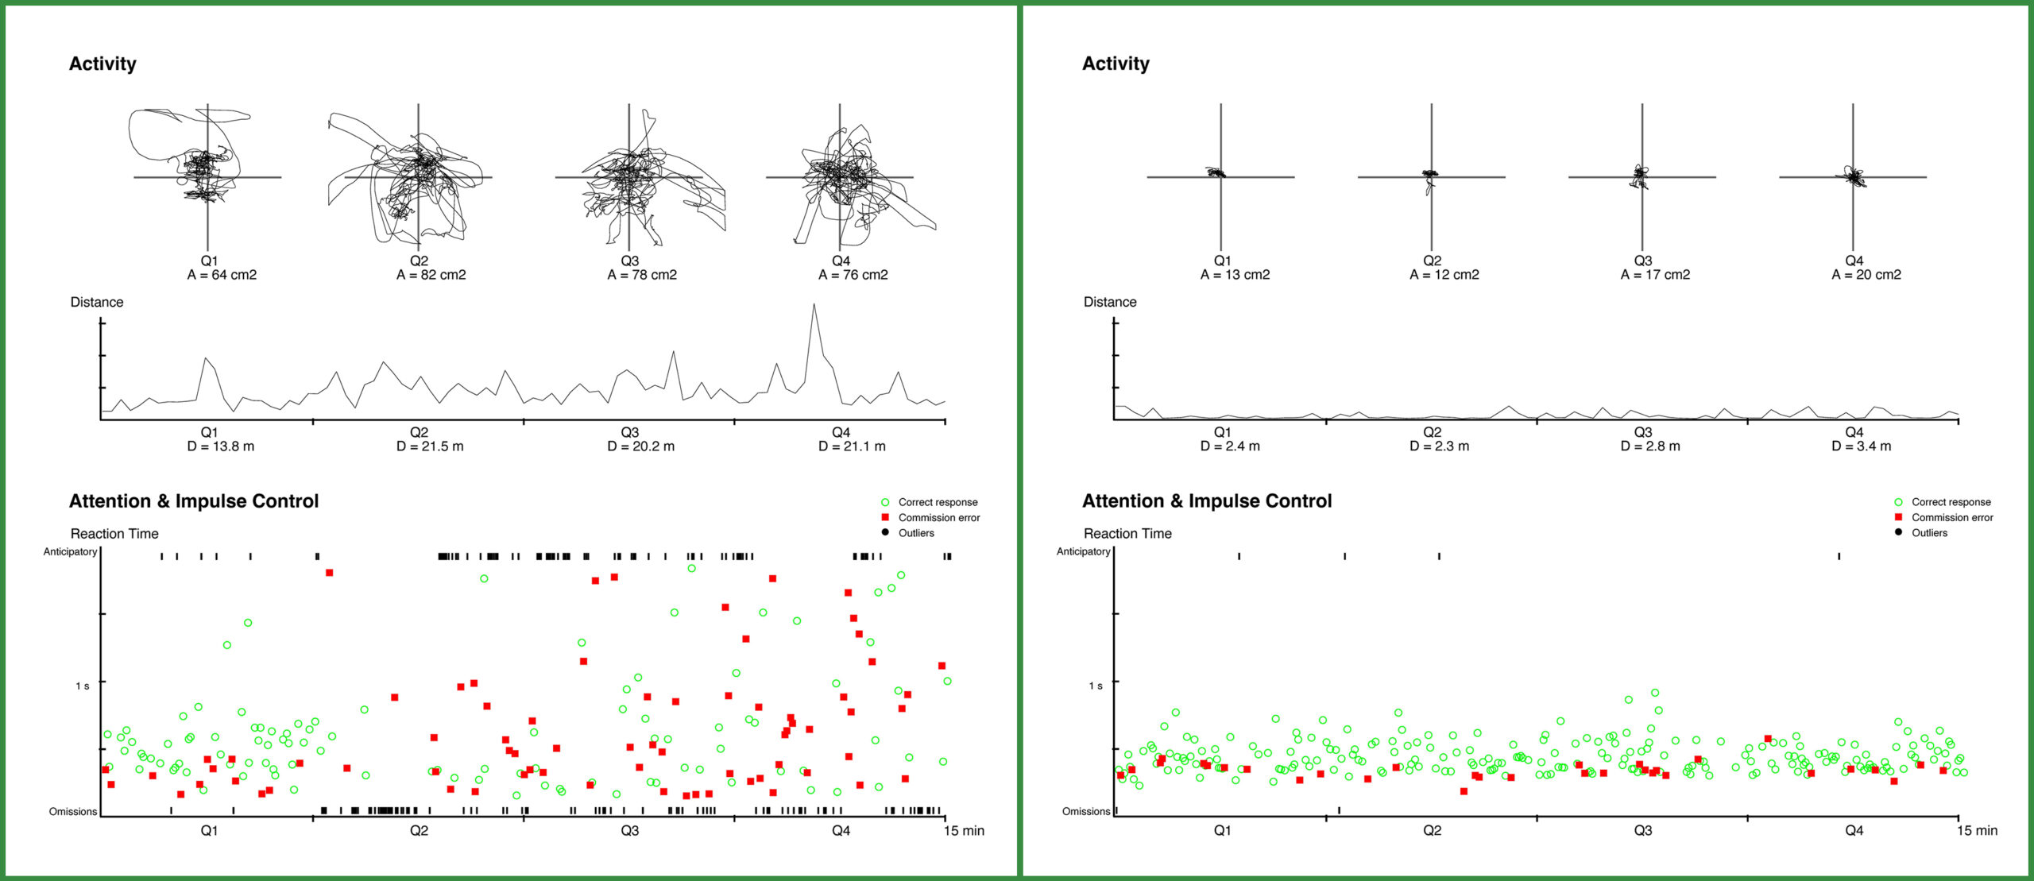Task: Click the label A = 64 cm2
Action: [222, 275]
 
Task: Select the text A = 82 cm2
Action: [431, 275]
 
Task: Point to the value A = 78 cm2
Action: [642, 275]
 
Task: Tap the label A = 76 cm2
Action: [853, 275]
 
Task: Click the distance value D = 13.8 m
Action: [221, 446]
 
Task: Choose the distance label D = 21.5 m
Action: [430, 446]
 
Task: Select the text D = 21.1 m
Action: [852, 446]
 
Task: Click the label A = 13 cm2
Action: [1235, 275]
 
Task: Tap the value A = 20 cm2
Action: [1866, 275]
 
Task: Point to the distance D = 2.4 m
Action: [1230, 446]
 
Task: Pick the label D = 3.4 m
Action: [1862, 446]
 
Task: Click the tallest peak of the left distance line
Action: [814, 304]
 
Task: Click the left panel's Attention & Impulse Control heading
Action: [194, 501]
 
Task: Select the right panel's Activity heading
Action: [1116, 64]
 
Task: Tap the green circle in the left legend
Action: [885, 502]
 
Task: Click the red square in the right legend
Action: [1898, 517]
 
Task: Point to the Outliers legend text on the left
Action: [916, 533]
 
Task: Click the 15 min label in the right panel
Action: [1977, 830]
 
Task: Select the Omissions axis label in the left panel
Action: [73, 811]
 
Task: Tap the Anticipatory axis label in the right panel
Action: [1083, 551]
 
